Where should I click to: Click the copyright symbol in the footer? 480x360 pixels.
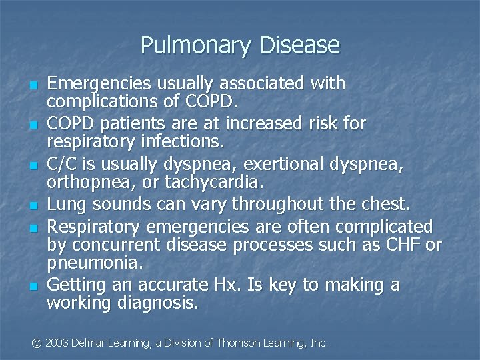tap(37, 343)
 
